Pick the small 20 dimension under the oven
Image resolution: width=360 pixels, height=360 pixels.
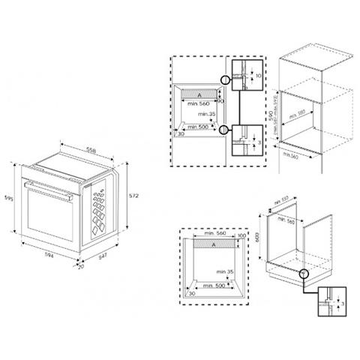pos(82,264)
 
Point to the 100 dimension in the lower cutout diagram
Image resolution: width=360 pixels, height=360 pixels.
pos(241,237)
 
